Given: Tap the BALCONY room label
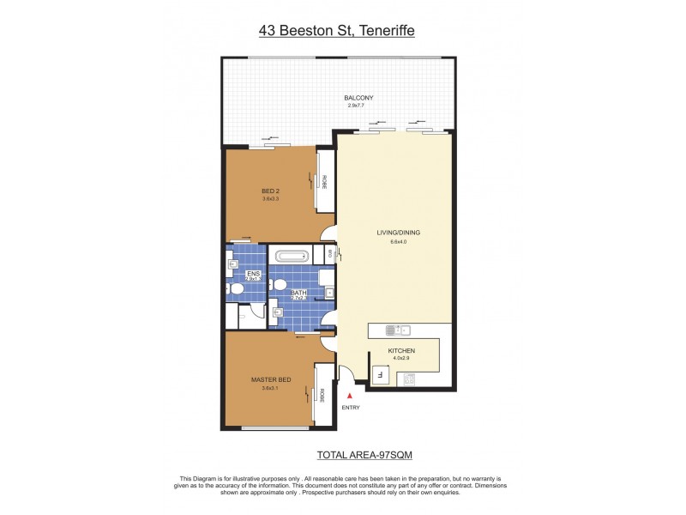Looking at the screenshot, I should pyautogui.click(x=358, y=98).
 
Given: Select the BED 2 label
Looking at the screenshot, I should pyautogui.click(x=271, y=191).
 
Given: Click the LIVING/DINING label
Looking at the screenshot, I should pyautogui.click(x=399, y=233).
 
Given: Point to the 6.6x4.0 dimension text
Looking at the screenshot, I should pyautogui.click(x=399, y=241).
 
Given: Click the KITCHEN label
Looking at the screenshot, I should pyautogui.click(x=403, y=351).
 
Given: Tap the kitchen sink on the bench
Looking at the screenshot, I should pyautogui.click(x=399, y=330).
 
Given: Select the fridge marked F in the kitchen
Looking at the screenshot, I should pyautogui.click(x=380, y=373).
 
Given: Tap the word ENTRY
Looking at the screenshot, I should pyautogui.click(x=350, y=407).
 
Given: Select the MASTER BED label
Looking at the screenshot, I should pyautogui.click(x=271, y=380).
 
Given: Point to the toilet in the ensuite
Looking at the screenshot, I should pyautogui.click(x=237, y=290).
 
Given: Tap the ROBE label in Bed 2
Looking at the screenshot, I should pyautogui.click(x=324, y=181).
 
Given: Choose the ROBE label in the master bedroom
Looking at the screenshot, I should pyautogui.click(x=322, y=395).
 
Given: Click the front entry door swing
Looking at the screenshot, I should pyautogui.click(x=347, y=375).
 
